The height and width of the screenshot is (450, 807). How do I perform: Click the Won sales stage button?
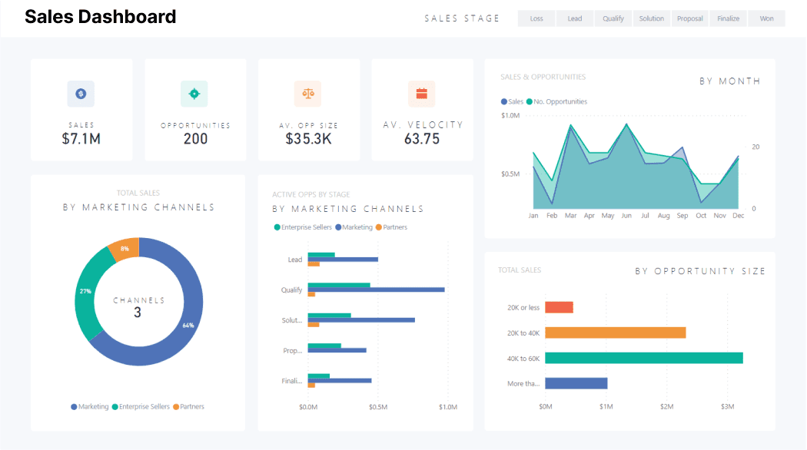[766, 18]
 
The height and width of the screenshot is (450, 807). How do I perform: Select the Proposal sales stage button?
[689, 18]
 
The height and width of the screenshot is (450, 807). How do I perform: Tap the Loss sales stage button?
[536, 18]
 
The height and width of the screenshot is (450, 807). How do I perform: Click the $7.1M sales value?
[81, 139]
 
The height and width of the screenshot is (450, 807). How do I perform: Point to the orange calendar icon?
[421, 94]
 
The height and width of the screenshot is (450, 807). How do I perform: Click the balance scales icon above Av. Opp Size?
[308, 94]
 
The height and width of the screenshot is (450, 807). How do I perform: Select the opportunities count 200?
[195, 139]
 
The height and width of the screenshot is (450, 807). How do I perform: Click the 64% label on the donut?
[188, 325]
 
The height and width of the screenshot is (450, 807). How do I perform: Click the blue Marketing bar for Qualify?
[376, 290]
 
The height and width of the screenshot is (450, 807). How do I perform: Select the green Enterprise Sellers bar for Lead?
[321, 255]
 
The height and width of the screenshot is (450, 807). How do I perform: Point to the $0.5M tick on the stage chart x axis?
[377, 407]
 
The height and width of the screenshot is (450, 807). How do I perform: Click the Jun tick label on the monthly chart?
[626, 216]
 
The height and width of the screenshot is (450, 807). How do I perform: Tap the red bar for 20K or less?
[559, 307]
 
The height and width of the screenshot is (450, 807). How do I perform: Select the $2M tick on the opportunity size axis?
[666, 405]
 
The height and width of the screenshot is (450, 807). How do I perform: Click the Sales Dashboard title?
[100, 16]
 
